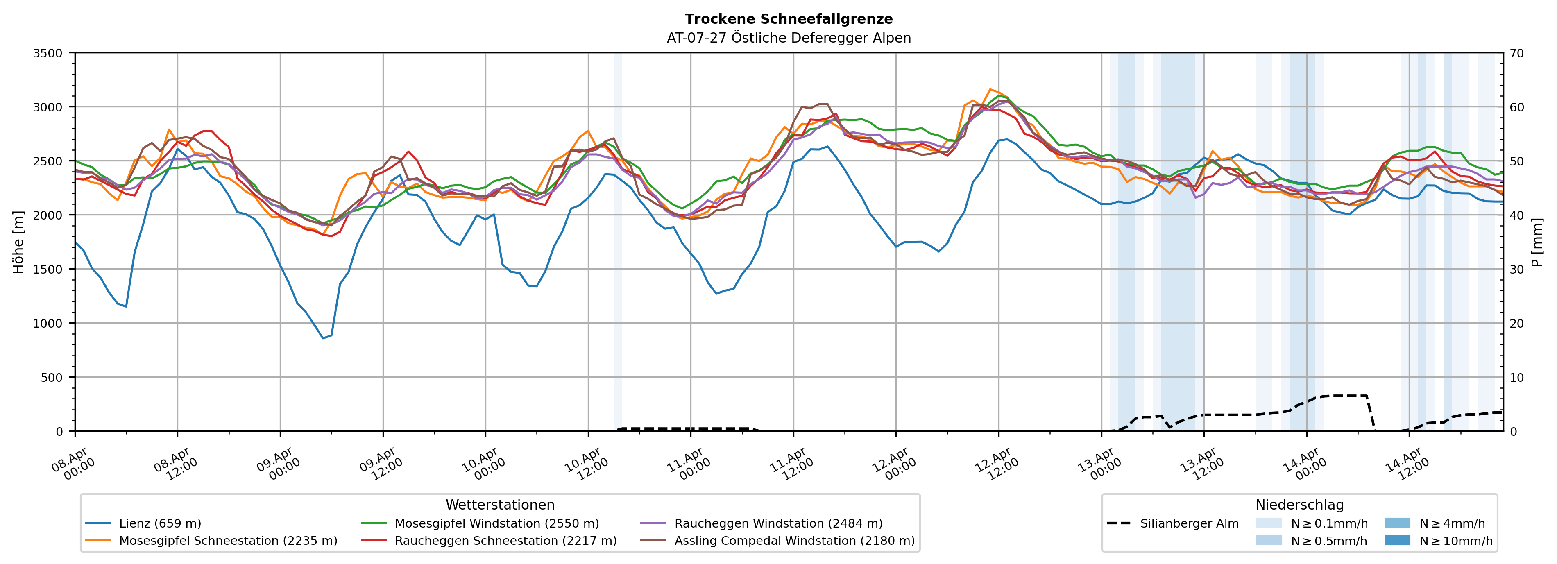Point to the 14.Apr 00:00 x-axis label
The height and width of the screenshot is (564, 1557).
[1304, 464]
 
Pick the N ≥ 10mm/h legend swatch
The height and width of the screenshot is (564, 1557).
[1397, 540]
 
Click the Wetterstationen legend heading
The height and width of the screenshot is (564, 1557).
[500, 505]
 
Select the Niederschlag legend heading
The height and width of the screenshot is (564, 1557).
[1299, 505]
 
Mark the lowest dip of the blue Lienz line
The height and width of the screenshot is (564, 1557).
[323, 338]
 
